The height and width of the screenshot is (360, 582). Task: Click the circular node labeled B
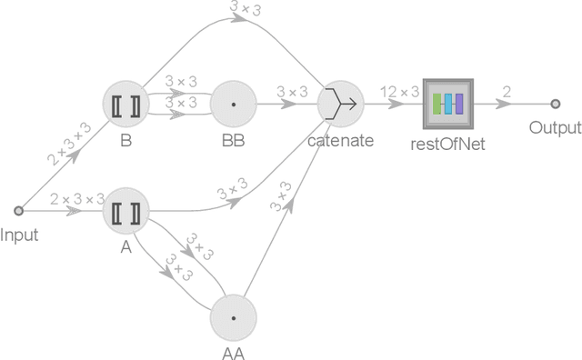click(125, 105)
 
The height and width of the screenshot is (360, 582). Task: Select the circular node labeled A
click(125, 214)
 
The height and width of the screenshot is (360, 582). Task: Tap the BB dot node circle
click(234, 105)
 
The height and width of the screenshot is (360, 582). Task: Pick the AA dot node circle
click(234, 318)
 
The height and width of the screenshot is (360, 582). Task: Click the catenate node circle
click(341, 105)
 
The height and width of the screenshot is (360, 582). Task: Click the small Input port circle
click(19, 214)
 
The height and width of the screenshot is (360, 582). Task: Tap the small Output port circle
click(555, 104)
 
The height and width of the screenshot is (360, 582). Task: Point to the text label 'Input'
click(19, 235)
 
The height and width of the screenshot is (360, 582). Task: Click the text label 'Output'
click(555, 127)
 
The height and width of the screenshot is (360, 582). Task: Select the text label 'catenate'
click(341, 141)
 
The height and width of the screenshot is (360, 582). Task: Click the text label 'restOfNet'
click(448, 141)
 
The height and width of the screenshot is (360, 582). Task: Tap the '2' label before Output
click(507, 91)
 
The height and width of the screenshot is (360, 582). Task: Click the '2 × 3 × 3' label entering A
click(77, 199)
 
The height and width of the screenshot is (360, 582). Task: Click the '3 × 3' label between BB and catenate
click(293, 91)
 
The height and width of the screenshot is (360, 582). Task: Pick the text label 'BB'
click(234, 141)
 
